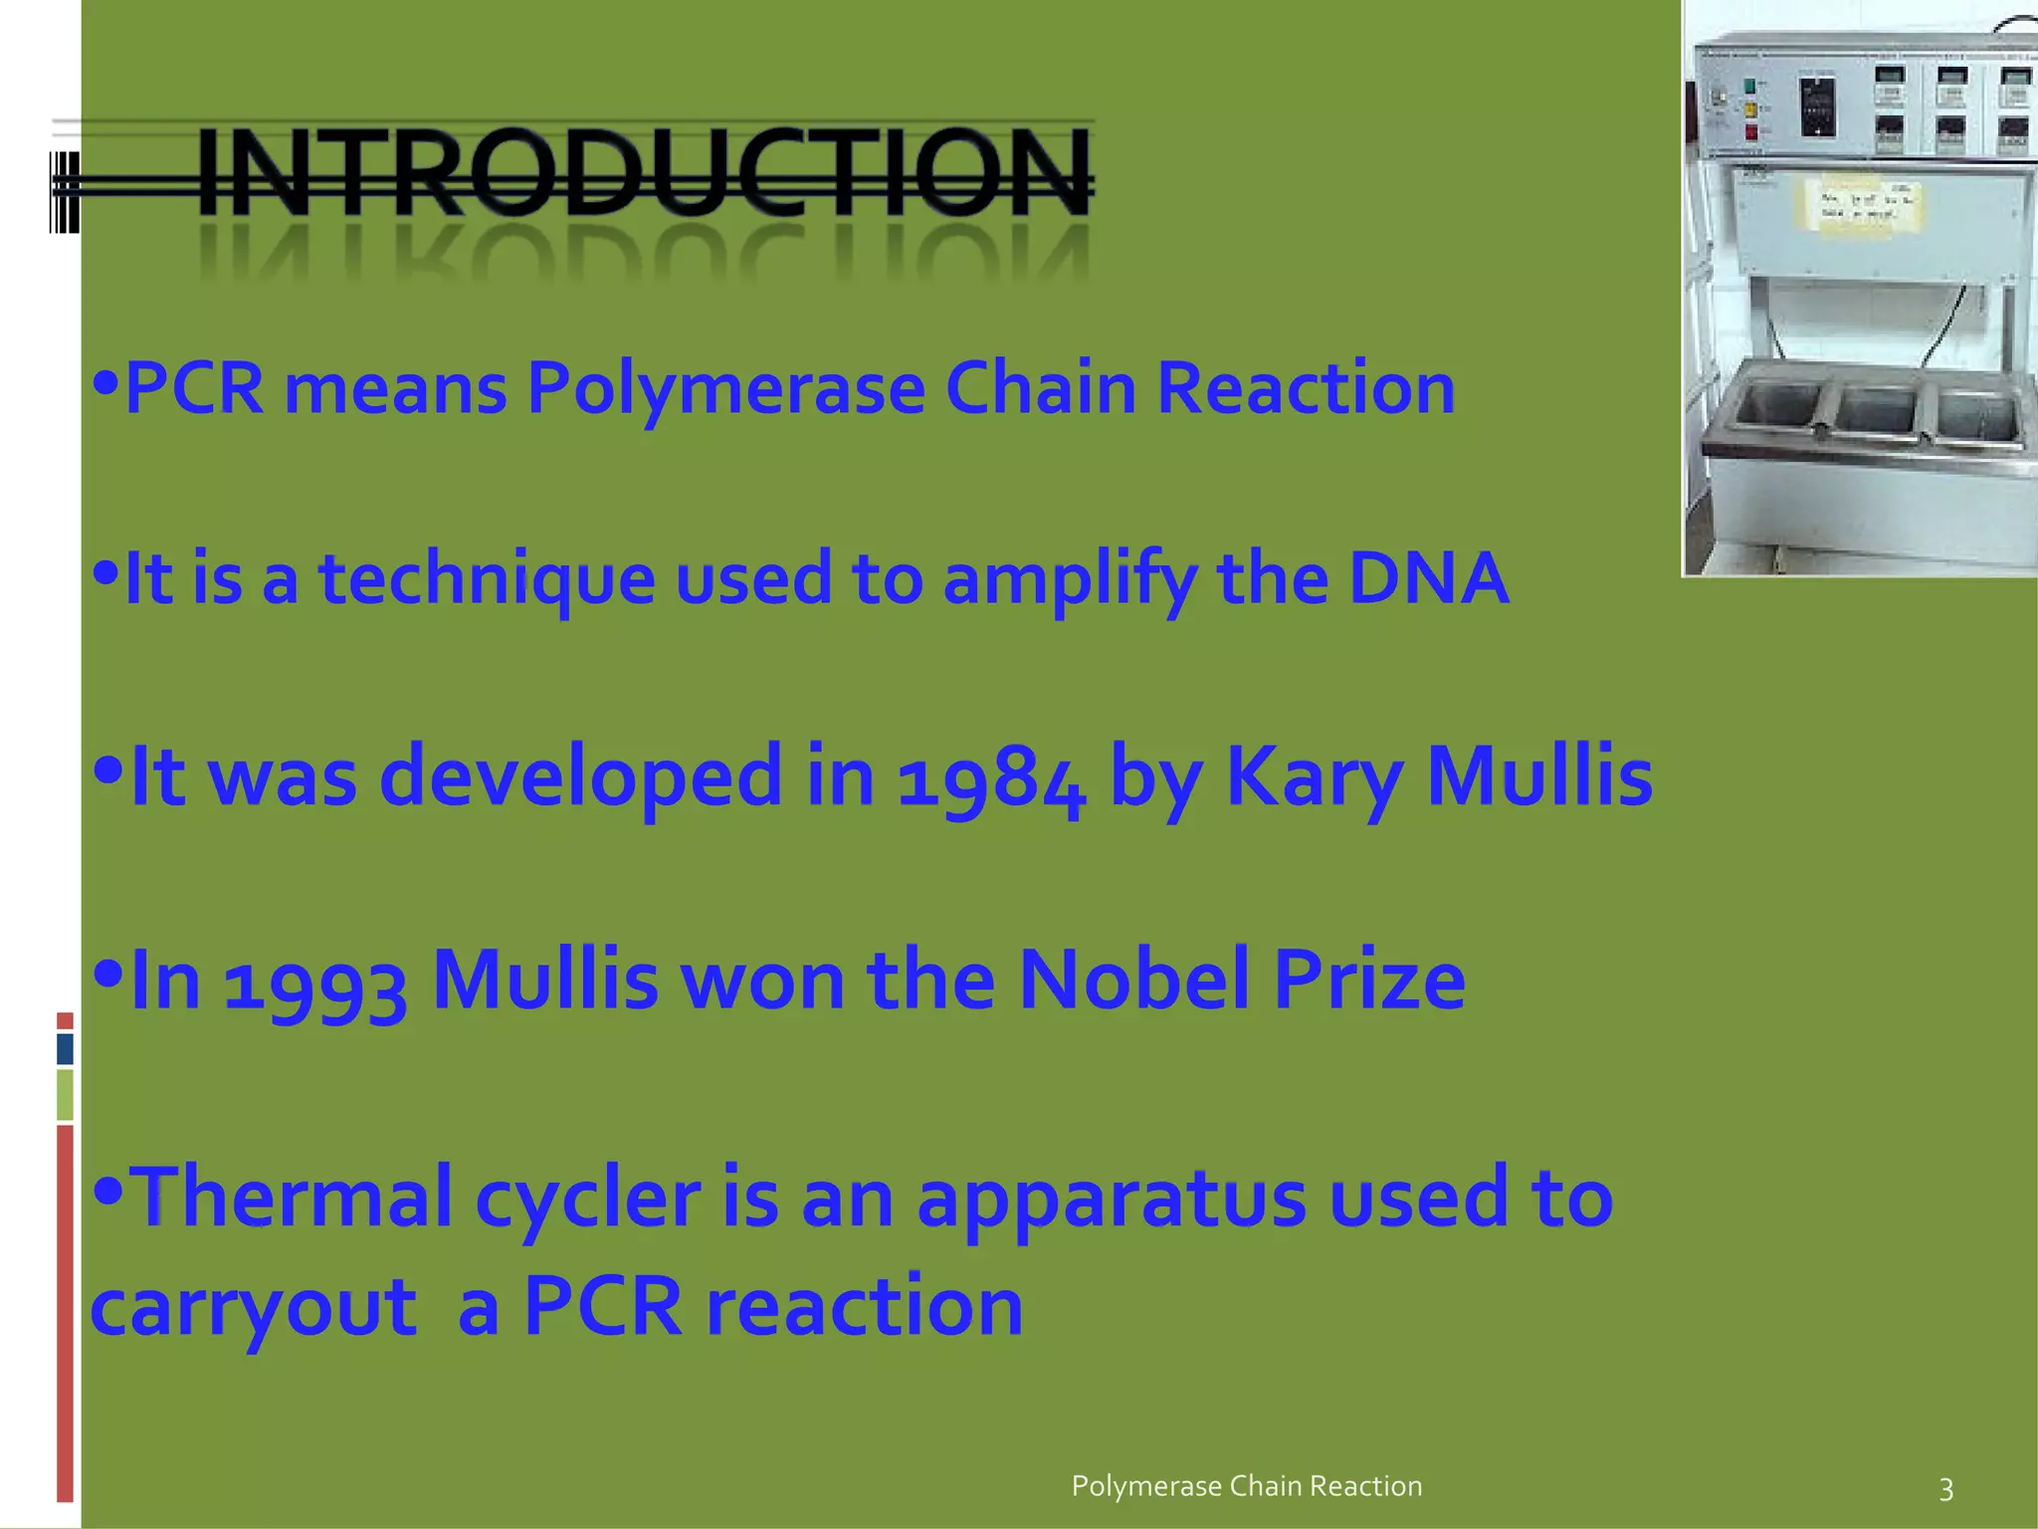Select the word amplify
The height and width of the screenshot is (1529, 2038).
pos(1069,579)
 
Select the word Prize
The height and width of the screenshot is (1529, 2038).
pos(1369,980)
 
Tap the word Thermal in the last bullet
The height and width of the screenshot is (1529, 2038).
pos(293,1198)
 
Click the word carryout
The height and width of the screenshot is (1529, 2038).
pos(254,1307)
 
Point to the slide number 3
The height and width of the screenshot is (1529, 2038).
pos(1946,1489)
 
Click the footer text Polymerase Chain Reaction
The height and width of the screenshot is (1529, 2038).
pos(1246,1486)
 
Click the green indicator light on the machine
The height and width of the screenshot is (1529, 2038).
pos(1750,87)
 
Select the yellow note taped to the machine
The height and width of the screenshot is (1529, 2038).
pos(1857,207)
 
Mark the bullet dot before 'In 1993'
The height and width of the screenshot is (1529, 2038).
pos(106,971)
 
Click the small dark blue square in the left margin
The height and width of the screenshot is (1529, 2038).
pos(65,1048)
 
